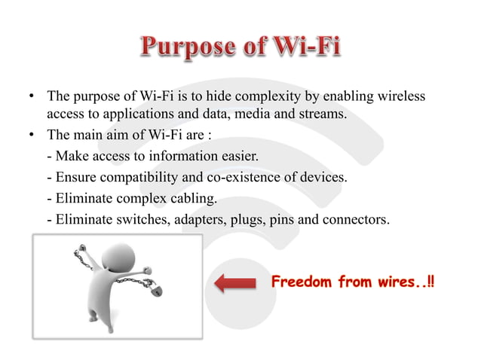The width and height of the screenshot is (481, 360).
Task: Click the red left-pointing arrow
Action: (235, 284)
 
